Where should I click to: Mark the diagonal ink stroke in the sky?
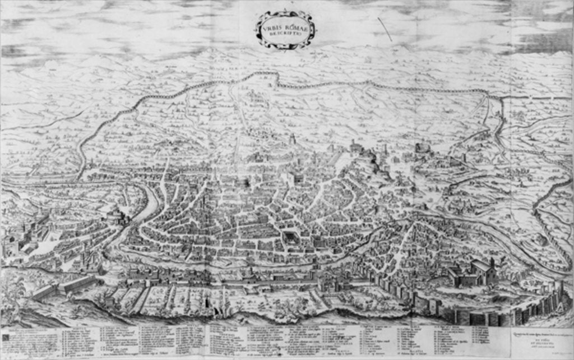click(x=385, y=29)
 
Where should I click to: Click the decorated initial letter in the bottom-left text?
click(x=6, y=336)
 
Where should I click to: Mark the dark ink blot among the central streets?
click(x=245, y=182)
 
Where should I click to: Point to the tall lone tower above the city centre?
click(x=292, y=139)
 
